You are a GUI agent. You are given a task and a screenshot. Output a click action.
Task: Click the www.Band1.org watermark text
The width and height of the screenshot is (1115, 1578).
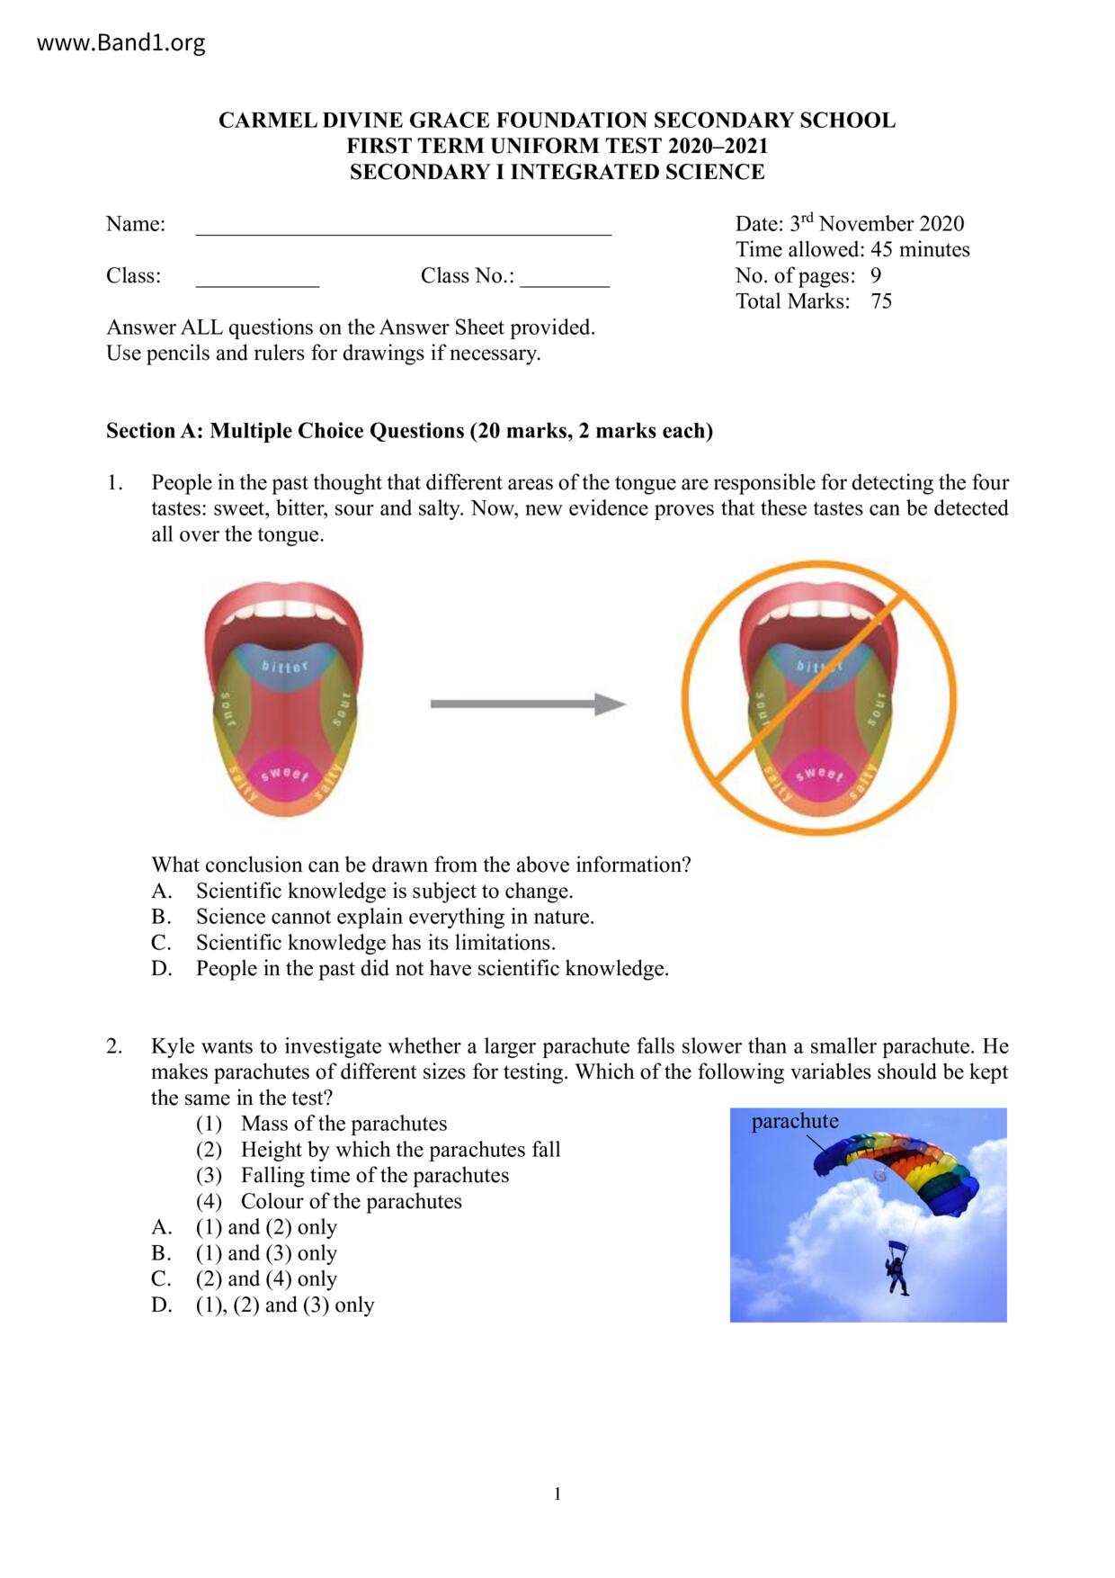[120, 43]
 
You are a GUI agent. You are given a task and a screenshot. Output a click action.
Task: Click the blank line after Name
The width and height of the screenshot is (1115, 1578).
[403, 226]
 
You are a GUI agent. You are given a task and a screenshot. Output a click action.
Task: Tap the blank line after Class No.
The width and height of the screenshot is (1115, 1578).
[564, 278]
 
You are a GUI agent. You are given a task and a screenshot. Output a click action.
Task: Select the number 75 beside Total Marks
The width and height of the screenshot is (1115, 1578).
[881, 301]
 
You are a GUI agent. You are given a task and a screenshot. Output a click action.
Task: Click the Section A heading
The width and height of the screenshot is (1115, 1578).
[409, 431]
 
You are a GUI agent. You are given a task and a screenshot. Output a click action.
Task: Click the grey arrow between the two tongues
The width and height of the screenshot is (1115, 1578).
[528, 704]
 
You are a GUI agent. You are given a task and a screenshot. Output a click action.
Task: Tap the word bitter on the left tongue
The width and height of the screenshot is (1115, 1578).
[284, 667]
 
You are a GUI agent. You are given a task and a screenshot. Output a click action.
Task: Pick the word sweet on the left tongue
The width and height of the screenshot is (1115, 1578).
[284, 774]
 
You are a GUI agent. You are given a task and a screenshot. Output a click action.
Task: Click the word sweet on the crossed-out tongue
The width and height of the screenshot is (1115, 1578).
[819, 774]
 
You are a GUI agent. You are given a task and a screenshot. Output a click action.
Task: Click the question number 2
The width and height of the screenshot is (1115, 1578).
[114, 1046]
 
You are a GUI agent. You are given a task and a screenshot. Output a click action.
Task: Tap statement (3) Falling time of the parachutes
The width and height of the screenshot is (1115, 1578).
[374, 1176]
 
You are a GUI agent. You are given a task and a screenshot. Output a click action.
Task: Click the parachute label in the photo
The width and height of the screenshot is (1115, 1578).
[795, 1122]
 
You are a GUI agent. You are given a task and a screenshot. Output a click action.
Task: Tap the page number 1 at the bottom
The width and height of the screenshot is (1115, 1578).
[557, 1494]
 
